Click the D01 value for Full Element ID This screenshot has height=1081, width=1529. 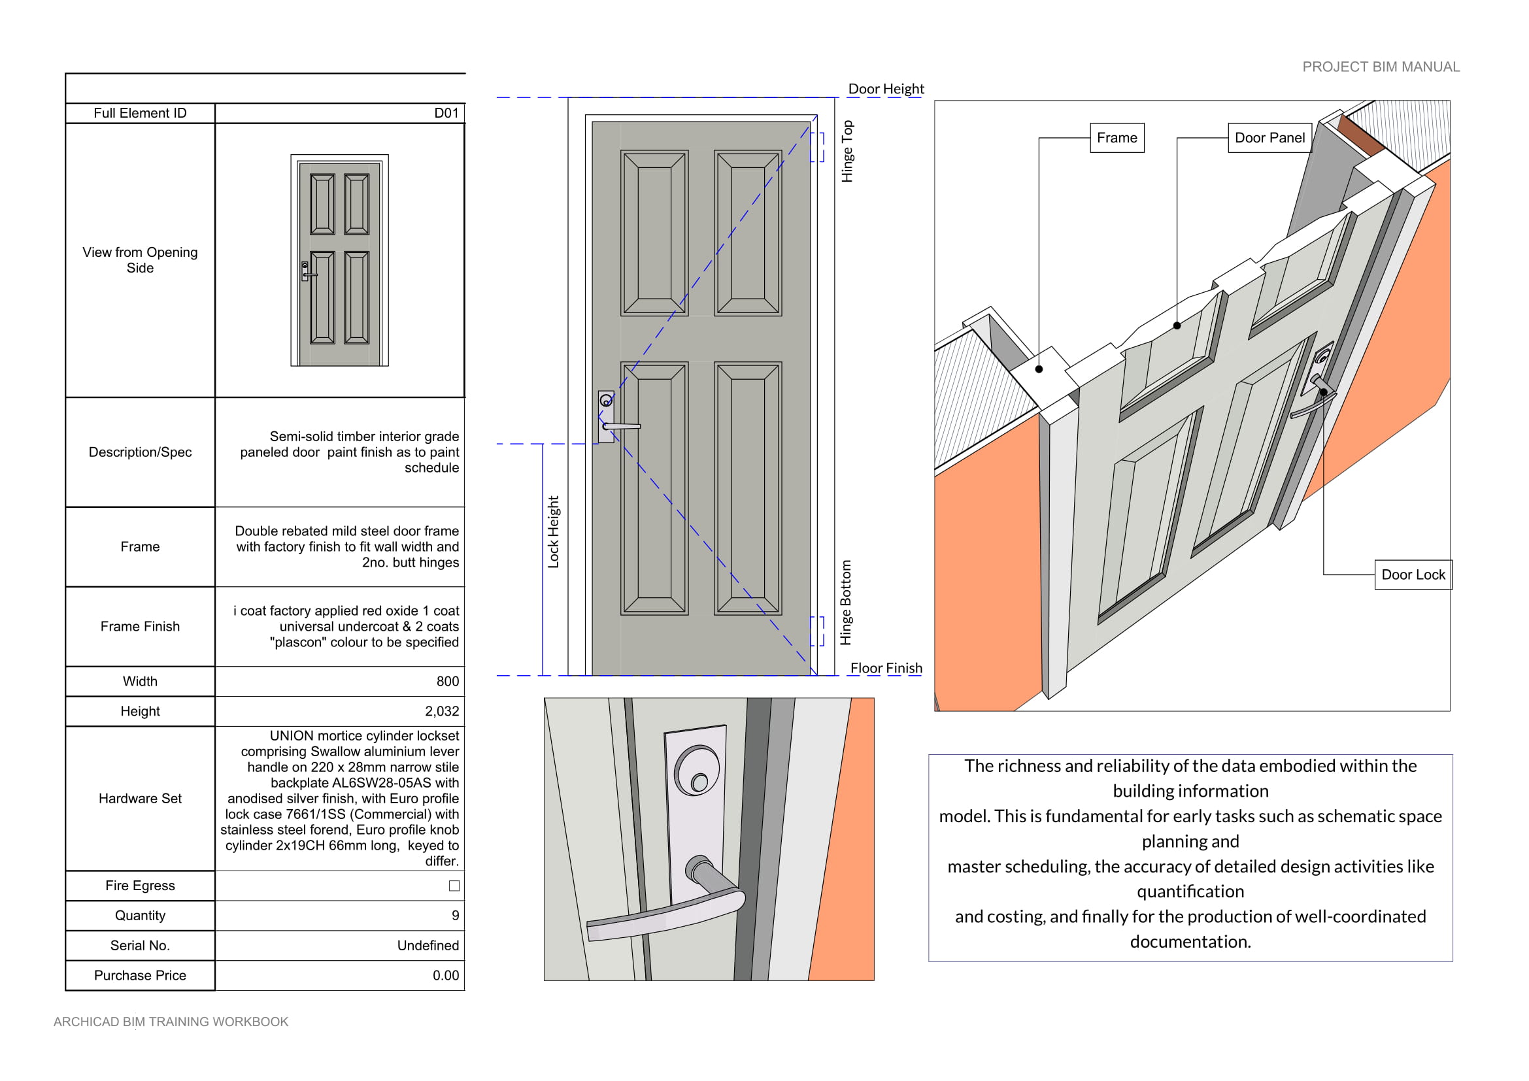446,113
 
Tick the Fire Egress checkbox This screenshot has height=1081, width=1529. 454,886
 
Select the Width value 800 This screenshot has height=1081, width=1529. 448,681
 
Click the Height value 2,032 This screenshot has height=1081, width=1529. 441,711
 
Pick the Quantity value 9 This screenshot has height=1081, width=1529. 455,915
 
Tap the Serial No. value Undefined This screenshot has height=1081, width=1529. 428,945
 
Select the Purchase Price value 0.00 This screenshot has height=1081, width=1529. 446,975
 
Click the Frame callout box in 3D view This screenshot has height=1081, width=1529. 1117,138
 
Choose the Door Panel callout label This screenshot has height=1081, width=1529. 1269,138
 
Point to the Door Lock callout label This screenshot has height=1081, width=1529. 1413,574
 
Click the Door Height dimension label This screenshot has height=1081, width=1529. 886,88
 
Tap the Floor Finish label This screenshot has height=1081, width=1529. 886,668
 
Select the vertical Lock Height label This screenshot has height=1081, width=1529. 554,532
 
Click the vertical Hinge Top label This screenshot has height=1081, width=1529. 847,151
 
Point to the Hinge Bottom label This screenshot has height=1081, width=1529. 846,603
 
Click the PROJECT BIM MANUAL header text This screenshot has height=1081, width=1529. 1381,67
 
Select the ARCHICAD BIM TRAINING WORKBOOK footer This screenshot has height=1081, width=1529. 171,1021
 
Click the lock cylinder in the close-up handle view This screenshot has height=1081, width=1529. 697,773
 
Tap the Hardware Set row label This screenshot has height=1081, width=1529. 140,798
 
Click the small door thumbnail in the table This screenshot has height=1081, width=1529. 339,260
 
